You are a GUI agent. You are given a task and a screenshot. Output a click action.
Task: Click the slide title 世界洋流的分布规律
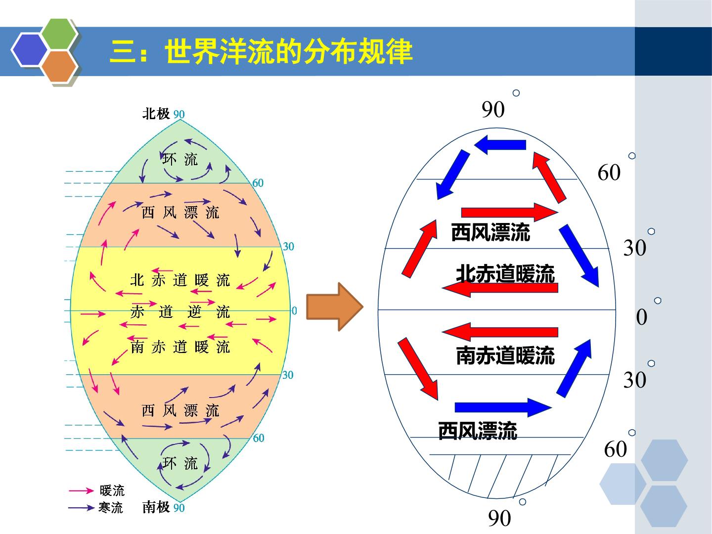tap(289, 51)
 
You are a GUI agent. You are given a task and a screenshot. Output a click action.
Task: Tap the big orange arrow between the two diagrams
tap(335, 307)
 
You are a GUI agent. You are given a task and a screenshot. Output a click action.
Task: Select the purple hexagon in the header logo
tap(30, 49)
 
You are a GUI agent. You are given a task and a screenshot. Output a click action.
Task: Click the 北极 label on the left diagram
tap(156, 114)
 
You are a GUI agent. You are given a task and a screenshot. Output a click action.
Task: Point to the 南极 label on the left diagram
tap(156, 507)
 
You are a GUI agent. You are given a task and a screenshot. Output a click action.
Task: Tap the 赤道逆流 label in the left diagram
tap(180, 312)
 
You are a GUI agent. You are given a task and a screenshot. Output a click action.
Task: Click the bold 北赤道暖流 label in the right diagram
tap(505, 273)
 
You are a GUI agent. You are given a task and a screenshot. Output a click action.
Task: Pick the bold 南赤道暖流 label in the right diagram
tap(505, 356)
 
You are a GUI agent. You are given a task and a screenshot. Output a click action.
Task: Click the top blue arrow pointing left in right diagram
tap(500, 144)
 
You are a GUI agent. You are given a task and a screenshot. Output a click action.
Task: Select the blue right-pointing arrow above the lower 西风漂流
tap(503, 407)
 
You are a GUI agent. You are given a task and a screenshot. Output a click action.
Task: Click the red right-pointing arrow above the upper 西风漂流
tap(510, 213)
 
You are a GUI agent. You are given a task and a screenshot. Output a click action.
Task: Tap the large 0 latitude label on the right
tap(642, 317)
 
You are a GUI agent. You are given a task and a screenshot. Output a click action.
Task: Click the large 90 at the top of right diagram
tap(493, 109)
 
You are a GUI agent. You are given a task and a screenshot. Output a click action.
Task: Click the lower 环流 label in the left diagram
tap(180, 463)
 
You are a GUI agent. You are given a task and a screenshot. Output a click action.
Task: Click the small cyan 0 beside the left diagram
tap(294, 311)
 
